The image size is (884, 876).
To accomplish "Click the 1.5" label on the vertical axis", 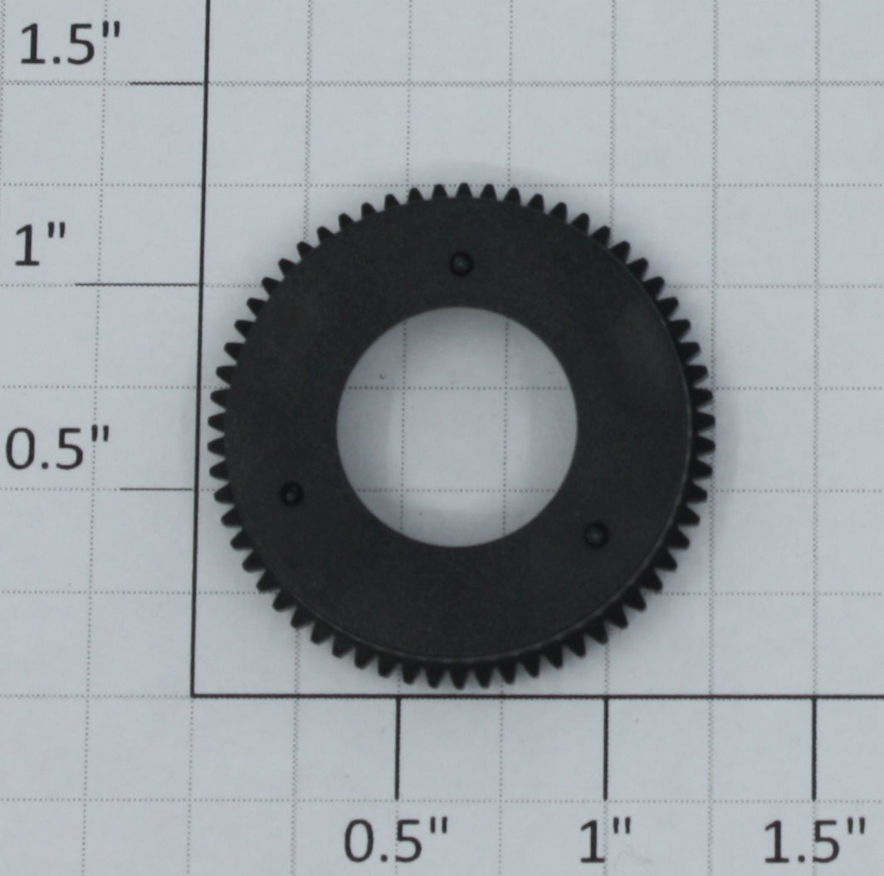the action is point(70,45).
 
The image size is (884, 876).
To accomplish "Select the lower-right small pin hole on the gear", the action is point(596,533).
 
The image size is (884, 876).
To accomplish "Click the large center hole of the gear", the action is point(457,426).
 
